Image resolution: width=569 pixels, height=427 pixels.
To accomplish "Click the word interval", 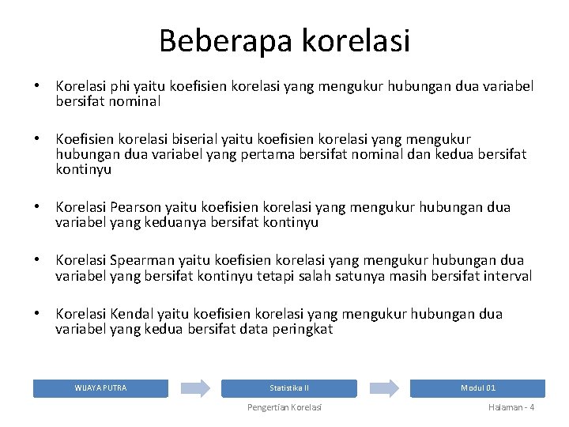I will click(x=505, y=276).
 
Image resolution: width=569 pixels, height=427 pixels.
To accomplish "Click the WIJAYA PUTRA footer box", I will click(x=100, y=388).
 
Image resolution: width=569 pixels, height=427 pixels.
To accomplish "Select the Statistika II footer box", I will click(x=288, y=388).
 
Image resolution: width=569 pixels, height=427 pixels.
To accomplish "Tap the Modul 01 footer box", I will click(x=477, y=388).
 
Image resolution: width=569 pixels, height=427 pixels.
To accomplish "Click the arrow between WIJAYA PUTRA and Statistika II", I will click(x=194, y=388).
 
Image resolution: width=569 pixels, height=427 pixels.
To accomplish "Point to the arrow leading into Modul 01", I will click(x=384, y=388).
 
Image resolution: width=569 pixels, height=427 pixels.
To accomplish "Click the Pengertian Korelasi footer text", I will click(x=284, y=407).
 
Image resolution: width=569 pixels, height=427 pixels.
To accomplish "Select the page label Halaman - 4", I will click(x=511, y=407).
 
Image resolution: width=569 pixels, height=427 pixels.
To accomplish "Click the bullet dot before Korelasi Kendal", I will click(x=36, y=314).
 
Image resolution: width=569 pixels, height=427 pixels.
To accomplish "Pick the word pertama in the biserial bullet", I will click(x=240, y=154).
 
